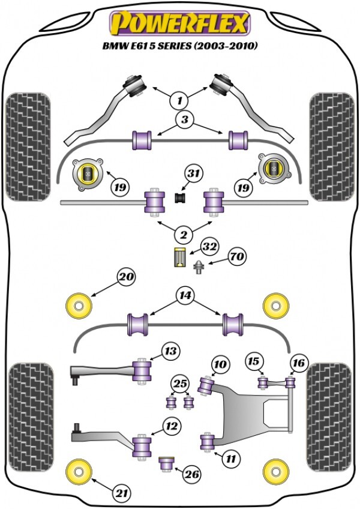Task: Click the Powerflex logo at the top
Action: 178,24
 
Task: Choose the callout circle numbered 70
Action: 238,257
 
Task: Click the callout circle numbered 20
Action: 127,277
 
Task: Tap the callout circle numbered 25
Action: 179,382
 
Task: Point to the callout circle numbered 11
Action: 230,459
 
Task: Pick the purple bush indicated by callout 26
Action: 166,464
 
